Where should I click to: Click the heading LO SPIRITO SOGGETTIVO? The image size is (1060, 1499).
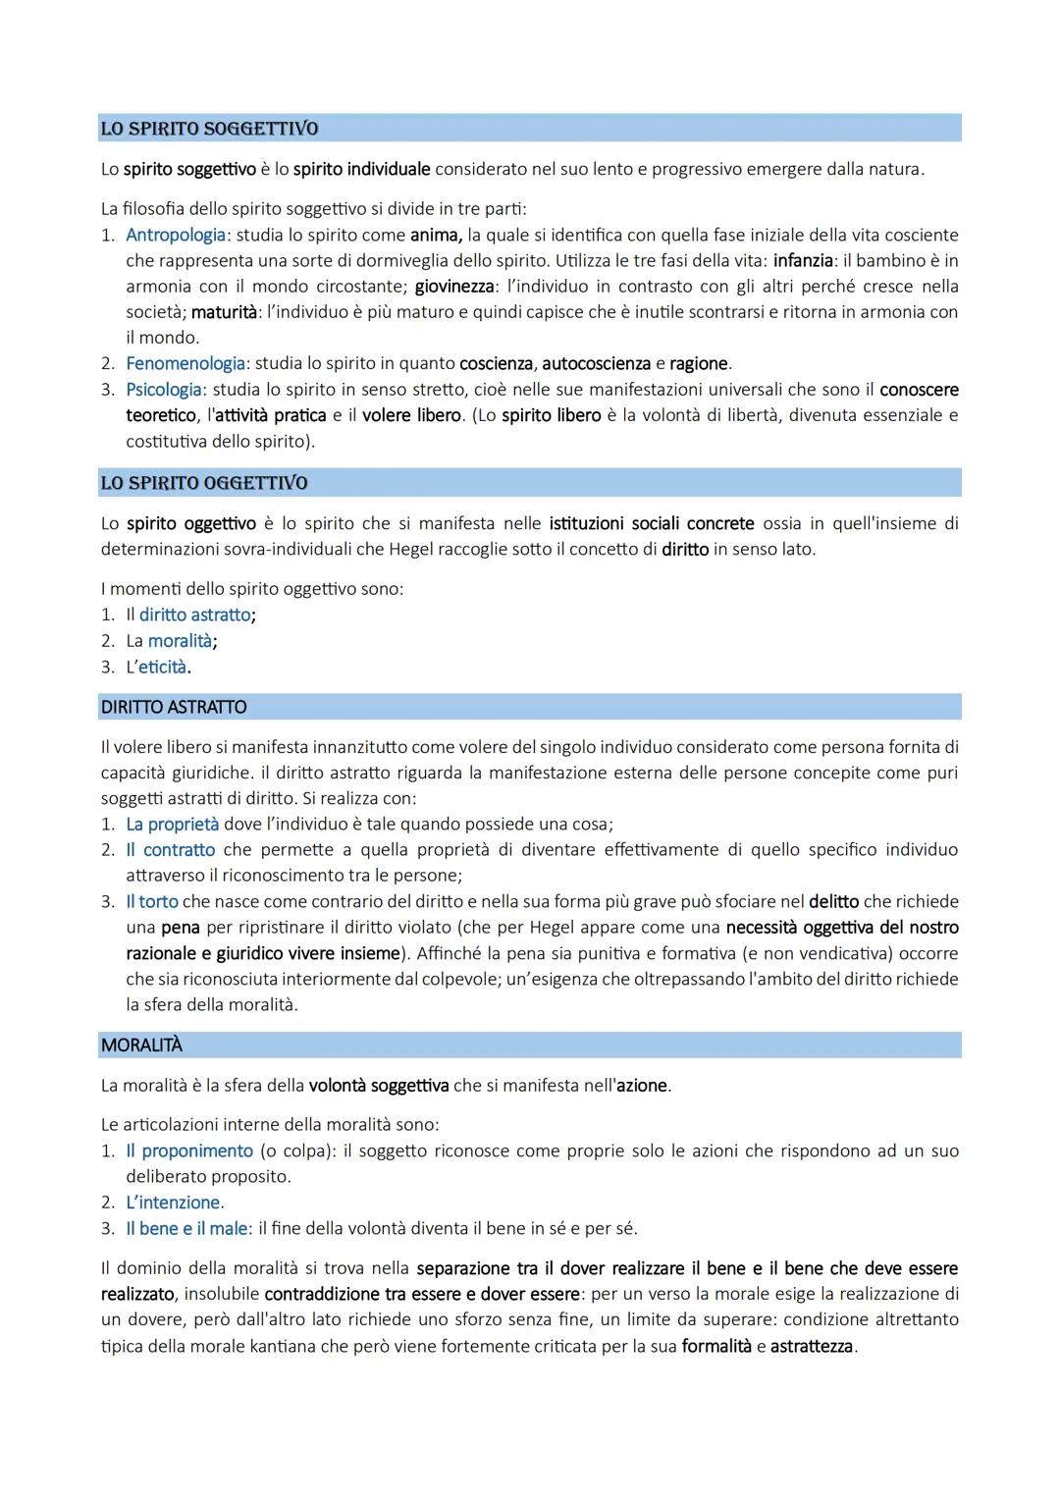tap(209, 129)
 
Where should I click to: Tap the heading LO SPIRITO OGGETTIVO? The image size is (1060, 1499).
tap(204, 483)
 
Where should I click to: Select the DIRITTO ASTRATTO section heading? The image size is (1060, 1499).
tap(174, 707)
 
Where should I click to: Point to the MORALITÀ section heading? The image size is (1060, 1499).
tap(141, 1045)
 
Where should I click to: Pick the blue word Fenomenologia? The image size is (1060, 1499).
tap(185, 364)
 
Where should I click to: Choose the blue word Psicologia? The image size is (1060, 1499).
tap(164, 390)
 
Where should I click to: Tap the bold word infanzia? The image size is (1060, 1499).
tap(803, 261)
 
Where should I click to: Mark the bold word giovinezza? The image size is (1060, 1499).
tap(453, 287)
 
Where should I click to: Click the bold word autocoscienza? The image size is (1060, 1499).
tap(596, 364)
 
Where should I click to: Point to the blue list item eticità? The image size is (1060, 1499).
tap(162, 668)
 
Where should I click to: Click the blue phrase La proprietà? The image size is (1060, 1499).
tap(173, 825)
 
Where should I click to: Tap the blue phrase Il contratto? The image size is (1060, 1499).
tap(170, 850)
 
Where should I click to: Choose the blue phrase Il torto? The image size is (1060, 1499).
tap(152, 901)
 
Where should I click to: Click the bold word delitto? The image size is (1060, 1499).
tap(833, 901)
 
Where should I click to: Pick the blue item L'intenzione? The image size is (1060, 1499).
tap(173, 1203)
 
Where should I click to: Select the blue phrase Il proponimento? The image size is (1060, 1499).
tap(189, 1151)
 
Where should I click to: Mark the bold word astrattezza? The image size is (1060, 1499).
tap(812, 1346)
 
